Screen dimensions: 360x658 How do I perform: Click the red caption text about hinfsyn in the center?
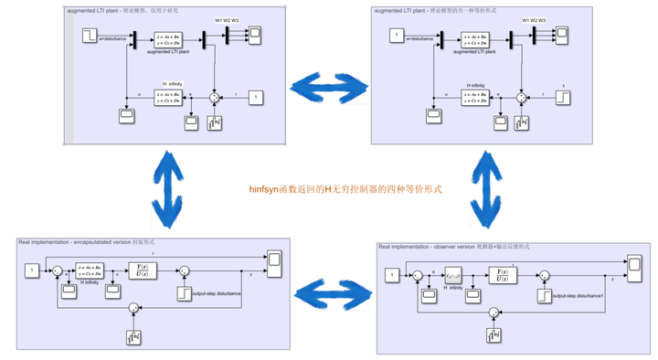point(345,189)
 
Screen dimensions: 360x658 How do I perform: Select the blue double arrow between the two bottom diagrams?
point(334,294)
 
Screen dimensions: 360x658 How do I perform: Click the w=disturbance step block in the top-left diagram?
point(90,36)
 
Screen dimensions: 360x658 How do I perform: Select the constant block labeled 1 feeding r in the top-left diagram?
point(257,97)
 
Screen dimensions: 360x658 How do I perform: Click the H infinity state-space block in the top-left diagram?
point(172,96)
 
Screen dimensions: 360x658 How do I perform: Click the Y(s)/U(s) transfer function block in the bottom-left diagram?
point(142,270)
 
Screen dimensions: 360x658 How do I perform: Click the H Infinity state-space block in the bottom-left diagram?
point(89,270)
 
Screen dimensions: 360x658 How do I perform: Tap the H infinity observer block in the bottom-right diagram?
point(454,276)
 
